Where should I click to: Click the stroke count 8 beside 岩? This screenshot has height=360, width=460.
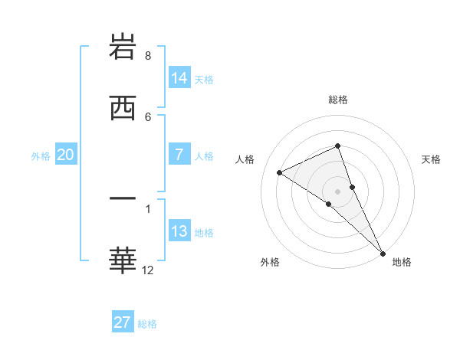[x=148, y=56]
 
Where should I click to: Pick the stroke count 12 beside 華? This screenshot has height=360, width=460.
[x=148, y=270]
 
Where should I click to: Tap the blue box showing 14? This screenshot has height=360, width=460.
[x=179, y=78]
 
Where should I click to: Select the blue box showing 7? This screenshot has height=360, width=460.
[x=179, y=155]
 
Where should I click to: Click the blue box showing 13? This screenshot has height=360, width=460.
[x=179, y=231]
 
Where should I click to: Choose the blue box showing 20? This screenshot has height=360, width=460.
[x=66, y=155]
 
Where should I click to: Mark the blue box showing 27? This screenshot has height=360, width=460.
[x=123, y=322]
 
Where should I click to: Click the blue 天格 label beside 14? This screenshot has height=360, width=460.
[x=204, y=79]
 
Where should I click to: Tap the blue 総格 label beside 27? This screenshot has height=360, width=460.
[x=147, y=323]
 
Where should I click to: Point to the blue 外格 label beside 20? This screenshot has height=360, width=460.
[x=41, y=155]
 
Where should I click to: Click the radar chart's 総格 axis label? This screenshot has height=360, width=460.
[x=337, y=100]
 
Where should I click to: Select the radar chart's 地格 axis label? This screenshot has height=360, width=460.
[x=402, y=262]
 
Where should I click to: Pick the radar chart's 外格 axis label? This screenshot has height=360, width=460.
[x=270, y=262]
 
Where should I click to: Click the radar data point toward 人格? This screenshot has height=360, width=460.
[x=280, y=172]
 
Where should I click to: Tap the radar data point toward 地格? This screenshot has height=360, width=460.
[x=383, y=252]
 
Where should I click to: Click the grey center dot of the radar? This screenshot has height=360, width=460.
[x=337, y=191]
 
